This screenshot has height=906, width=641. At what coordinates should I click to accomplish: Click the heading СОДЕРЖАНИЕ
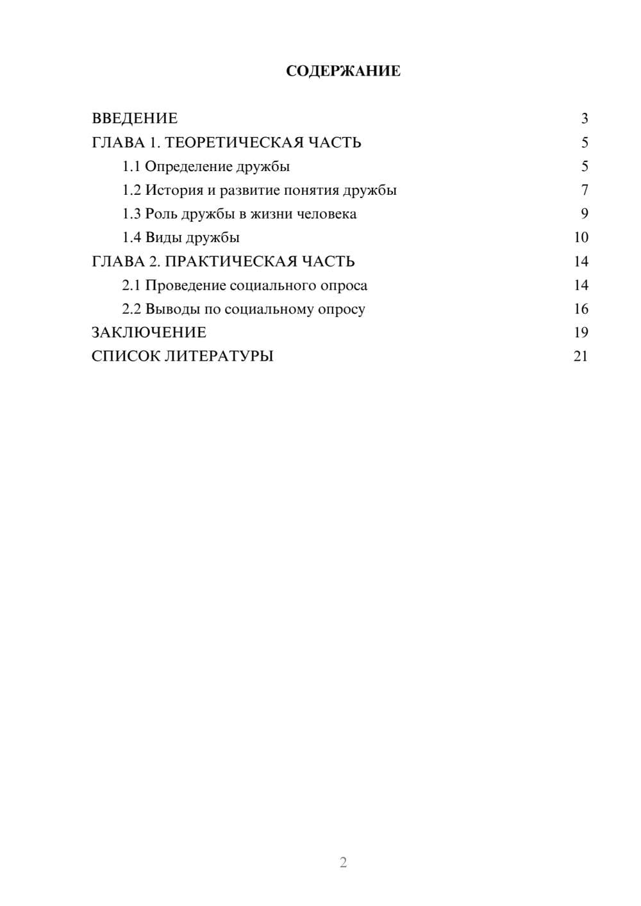[343, 71]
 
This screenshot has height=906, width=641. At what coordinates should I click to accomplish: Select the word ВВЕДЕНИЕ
[135, 119]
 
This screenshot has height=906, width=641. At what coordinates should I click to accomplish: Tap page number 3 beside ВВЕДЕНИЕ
[584, 119]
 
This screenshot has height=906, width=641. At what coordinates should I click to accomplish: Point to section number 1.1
[131, 167]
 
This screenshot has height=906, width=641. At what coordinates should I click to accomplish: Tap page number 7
[584, 190]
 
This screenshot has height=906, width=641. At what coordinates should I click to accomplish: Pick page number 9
[584, 214]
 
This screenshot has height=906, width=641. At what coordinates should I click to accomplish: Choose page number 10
[581, 238]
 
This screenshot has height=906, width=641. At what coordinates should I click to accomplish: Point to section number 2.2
[131, 309]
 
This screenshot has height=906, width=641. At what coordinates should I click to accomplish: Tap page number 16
[581, 309]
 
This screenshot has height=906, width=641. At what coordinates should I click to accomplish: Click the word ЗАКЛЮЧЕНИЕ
[149, 333]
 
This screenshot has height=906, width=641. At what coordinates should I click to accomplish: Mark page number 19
[581, 333]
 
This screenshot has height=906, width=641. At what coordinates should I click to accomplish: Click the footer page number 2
[343, 862]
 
